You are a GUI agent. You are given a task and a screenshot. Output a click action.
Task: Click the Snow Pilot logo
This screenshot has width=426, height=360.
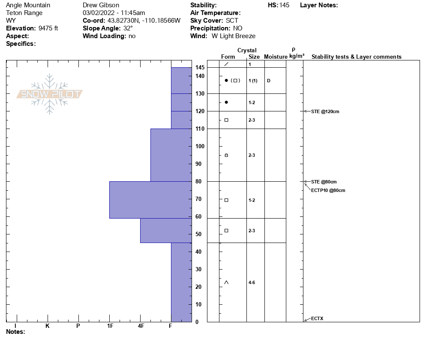(50, 94)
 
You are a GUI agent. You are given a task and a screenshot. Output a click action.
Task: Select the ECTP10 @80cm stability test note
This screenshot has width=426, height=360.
(328, 190)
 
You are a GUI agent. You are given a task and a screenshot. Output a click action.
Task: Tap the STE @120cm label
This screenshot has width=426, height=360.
(325, 112)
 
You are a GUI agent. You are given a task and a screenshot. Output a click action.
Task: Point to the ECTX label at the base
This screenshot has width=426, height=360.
(317, 318)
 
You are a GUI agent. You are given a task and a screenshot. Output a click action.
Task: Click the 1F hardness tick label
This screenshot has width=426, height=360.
(110, 326)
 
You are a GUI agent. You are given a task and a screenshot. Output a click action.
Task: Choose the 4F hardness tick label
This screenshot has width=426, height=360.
(141, 326)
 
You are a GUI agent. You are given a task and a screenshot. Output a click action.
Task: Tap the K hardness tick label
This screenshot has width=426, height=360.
(47, 326)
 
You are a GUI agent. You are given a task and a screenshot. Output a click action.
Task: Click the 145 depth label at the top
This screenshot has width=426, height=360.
(200, 68)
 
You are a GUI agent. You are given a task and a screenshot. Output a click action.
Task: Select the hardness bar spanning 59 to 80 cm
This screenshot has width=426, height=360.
(150, 200)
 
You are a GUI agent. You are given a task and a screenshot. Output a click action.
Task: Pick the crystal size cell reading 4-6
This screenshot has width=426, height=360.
(252, 282)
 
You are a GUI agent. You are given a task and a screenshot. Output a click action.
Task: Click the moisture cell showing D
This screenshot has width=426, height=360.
(268, 81)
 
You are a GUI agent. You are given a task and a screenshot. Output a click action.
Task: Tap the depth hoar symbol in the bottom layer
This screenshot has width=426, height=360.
(226, 282)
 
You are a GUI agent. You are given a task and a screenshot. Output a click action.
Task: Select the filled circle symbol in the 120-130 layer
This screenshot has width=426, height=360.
(226, 102)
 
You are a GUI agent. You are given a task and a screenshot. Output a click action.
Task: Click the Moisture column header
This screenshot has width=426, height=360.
(275, 57)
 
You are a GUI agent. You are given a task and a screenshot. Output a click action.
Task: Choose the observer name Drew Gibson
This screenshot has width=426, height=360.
(101, 5)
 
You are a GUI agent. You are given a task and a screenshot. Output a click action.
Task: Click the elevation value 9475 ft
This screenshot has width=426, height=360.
(48, 28)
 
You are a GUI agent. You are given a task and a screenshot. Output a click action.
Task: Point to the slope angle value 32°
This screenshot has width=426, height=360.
(128, 28)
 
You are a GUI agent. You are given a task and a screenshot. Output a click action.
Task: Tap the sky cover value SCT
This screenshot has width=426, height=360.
(232, 21)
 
